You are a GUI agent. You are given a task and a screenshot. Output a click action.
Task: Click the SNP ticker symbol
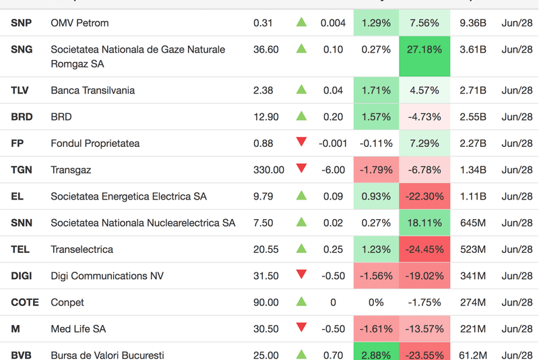coord(22,23)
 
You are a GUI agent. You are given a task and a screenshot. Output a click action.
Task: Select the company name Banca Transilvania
coord(92,90)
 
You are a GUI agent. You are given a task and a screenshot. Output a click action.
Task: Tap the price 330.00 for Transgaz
coord(269,170)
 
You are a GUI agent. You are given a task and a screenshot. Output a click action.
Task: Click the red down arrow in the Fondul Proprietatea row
coord(301,142)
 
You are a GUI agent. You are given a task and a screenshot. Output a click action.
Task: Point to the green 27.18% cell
coord(425,50)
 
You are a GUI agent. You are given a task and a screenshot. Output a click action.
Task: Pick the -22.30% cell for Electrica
coord(425,196)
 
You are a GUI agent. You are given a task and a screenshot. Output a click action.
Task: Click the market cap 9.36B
coord(472,23)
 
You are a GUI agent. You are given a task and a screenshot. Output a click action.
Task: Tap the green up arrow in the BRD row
coord(301,116)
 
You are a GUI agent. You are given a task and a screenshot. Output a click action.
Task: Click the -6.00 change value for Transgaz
coord(333,170)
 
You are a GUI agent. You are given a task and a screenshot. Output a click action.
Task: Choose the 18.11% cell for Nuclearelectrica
coord(425,223)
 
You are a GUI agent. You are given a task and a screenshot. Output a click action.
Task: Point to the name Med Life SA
coord(78,329)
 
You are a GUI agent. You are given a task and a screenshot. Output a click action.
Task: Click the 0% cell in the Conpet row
coord(376,303)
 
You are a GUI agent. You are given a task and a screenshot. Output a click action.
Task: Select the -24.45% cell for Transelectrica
coord(425,249)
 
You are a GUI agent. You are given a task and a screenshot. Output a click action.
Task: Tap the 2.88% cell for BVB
coord(376,355)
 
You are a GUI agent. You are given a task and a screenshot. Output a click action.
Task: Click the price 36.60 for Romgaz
coord(266,50)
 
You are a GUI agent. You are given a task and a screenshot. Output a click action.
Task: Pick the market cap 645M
coord(472,223)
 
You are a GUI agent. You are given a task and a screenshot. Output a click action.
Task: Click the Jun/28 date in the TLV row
coord(517,90)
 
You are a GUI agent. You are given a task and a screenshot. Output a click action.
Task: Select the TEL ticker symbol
coord(20,249)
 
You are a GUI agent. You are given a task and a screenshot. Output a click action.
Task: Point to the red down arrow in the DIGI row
coord(301,275)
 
